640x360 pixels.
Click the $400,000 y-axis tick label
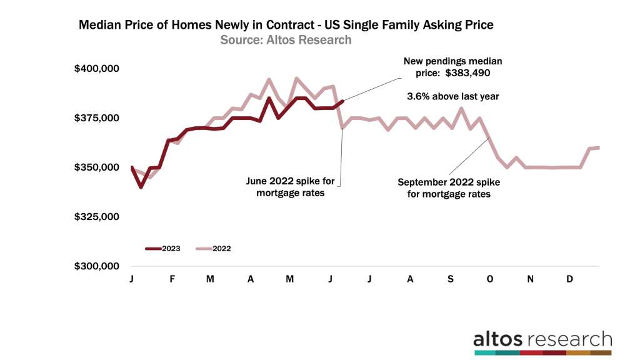click(101, 68)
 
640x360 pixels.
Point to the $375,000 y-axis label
click(101, 117)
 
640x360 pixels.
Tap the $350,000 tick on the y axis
click(101, 167)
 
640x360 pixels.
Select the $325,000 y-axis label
click(101, 217)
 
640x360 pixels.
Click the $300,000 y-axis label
click(101, 266)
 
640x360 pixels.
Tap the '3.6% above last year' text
click(453, 97)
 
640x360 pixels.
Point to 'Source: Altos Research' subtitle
click(286, 40)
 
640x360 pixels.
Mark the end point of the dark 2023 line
click(342, 101)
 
